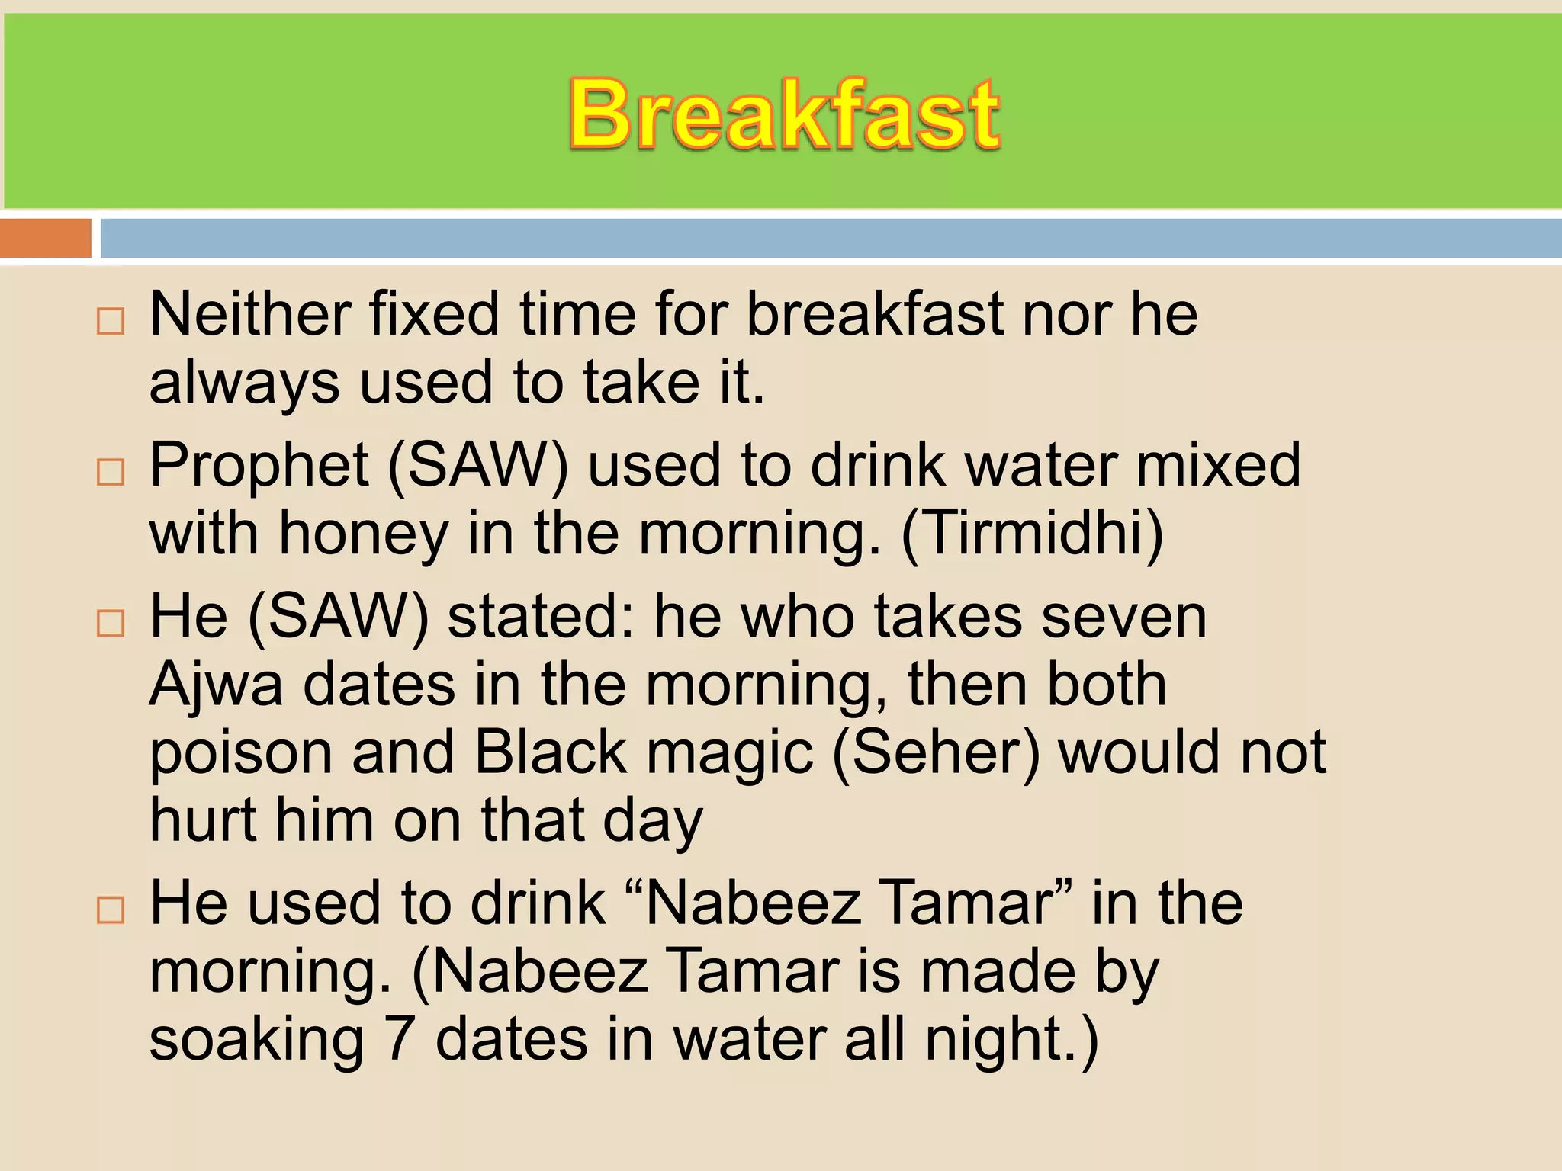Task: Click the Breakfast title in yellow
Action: pyautogui.click(x=784, y=114)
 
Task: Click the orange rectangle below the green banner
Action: pyautogui.click(x=46, y=238)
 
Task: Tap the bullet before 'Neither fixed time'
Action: pyautogui.click(x=111, y=322)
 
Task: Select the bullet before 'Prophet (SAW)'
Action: pyautogui.click(x=111, y=473)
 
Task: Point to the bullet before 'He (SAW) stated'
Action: pyautogui.click(x=111, y=624)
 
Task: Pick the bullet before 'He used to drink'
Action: pyautogui.click(x=111, y=910)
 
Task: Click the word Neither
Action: pyautogui.click(x=249, y=314)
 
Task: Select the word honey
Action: pyautogui.click(x=363, y=534)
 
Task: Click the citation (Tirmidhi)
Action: pyautogui.click(x=1033, y=534)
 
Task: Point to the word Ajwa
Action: pyautogui.click(x=217, y=685)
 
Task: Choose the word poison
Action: pyautogui.click(x=241, y=753)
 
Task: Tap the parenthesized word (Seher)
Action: pyautogui.click(x=936, y=753)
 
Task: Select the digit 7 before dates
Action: pyautogui.click(x=400, y=1039)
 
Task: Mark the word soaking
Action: pyautogui.click(x=256, y=1041)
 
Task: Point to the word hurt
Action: pyautogui.click(x=203, y=820)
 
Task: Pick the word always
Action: pyautogui.click(x=244, y=383)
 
